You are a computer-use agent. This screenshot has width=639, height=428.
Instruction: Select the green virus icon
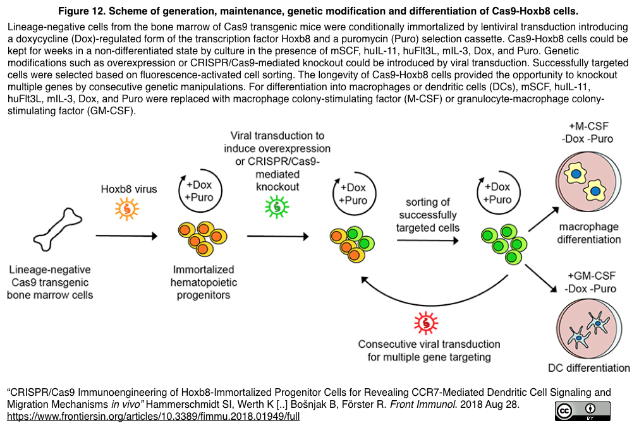click(276, 205)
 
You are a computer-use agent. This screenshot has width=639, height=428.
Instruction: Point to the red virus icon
click(426, 322)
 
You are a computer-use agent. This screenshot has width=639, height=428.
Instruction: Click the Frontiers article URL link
click(152, 417)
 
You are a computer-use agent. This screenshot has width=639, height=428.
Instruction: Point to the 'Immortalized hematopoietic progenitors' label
click(202, 282)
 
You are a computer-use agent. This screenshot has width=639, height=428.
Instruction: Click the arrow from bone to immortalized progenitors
click(126, 237)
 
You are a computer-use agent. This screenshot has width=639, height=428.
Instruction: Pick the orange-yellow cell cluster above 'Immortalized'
click(202, 237)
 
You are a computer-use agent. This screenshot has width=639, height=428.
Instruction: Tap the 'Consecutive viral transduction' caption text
click(429, 345)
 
